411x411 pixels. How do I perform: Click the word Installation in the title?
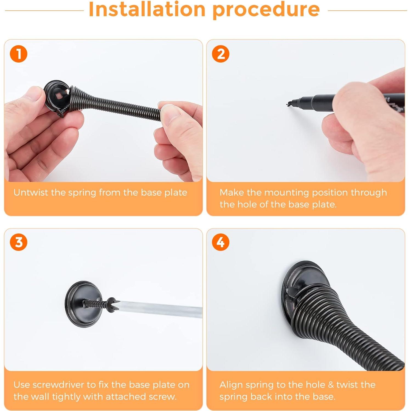click(147, 9)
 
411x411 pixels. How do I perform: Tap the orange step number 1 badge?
click(19, 54)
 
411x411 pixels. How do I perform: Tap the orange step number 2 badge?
click(221, 54)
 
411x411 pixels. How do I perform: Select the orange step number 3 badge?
click(19, 242)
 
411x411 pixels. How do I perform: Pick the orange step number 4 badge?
click(221, 242)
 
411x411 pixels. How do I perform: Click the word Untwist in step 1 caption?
click(31, 192)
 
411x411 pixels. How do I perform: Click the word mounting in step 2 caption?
click(286, 193)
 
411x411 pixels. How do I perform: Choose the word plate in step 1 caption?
click(176, 193)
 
